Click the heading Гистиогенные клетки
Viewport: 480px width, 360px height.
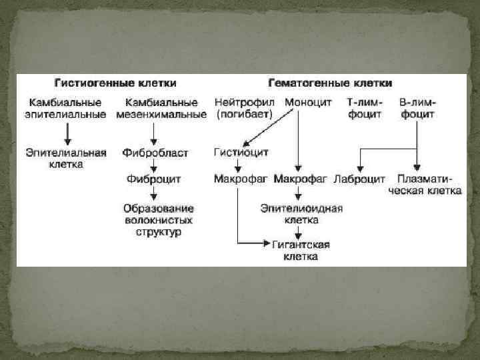click(x=115, y=83)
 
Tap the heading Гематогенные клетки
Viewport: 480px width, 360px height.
click(x=330, y=83)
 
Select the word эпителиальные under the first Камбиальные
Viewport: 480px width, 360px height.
click(x=66, y=115)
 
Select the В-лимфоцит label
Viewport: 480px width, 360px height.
click(x=417, y=109)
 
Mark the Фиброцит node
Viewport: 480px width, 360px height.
click(x=153, y=179)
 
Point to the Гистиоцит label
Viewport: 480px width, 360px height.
click(x=241, y=153)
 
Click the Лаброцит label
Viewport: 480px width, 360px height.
click(x=359, y=179)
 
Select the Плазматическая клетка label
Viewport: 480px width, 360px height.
click(x=425, y=184)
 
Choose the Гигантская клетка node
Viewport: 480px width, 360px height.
click(x=301, y=250)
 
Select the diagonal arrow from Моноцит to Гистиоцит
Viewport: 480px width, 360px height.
click(x=267, y=127)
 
